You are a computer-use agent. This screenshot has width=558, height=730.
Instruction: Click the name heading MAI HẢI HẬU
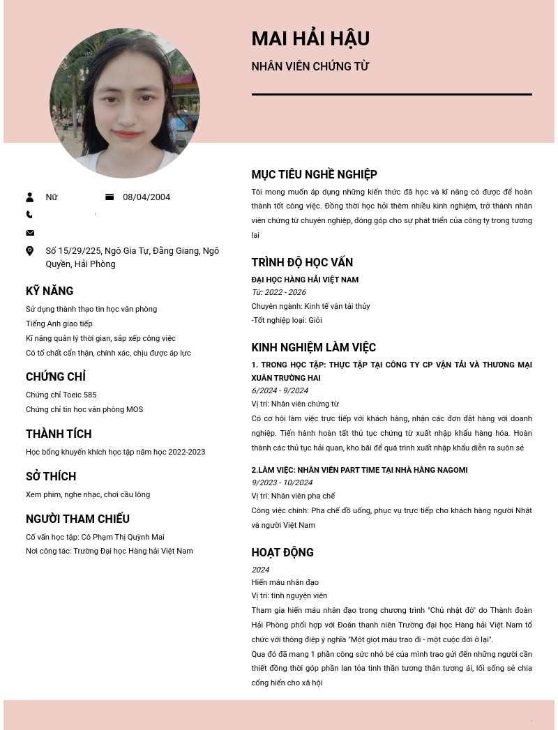click(310, 39)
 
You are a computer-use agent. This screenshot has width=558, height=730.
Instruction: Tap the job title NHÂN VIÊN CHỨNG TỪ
click(310, 67)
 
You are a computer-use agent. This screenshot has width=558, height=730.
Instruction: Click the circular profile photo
click(125, 103)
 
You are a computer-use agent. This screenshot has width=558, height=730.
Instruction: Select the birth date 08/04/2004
click(146, 197)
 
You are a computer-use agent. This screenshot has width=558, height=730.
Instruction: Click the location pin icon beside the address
click(30, 251)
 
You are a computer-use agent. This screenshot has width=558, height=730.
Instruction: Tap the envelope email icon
click(30, 233)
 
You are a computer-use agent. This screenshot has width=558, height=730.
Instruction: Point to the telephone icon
click(29, 215)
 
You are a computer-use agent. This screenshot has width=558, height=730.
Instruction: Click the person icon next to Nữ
click(30, 197)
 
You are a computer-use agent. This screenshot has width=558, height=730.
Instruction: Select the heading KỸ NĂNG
click(50, 291)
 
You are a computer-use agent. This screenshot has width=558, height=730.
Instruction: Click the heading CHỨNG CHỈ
click(56, 377)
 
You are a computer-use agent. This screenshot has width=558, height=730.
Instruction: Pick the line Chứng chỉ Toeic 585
click(61, 395)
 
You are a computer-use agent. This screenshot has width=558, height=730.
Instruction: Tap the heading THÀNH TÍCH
click(59, 434)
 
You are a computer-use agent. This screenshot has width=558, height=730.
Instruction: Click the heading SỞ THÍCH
click(51, 477)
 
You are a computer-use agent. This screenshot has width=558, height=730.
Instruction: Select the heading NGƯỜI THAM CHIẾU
click(77, 519)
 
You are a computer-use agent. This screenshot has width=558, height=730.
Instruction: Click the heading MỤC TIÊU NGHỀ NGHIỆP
click(314, 175)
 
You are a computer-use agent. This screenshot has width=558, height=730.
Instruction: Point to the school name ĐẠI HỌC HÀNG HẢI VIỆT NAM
click(305, 280)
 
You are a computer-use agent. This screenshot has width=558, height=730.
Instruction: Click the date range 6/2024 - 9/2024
click(280, 390)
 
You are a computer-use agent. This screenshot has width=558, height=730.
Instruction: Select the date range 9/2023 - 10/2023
click(282, 482)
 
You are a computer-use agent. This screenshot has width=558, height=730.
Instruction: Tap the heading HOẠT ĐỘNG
click(282, 553)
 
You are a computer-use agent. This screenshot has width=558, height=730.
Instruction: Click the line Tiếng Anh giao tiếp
click(59, 324)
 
